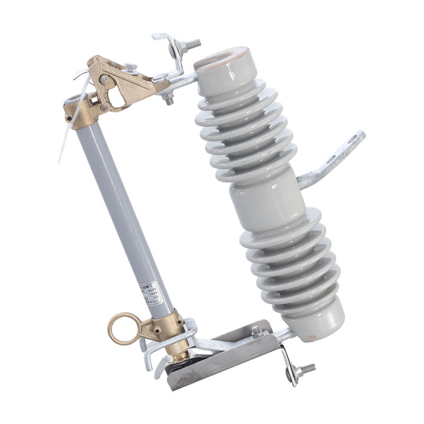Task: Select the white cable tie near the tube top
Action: pyautogui.click(x=66, y=132)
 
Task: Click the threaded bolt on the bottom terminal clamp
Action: pyautogui.click(x=306, y=369)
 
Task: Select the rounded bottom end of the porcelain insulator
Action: pyautogui.click(x=318, y=324)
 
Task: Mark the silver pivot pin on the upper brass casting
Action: pyautogui.click(x=104, y=80)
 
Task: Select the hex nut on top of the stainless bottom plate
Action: pyautogui.click(x=257, y=331)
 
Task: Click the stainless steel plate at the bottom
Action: pyautogui.click(x=223, y=366)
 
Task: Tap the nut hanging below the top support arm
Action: pyautogui.click(x=169, y=99)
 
